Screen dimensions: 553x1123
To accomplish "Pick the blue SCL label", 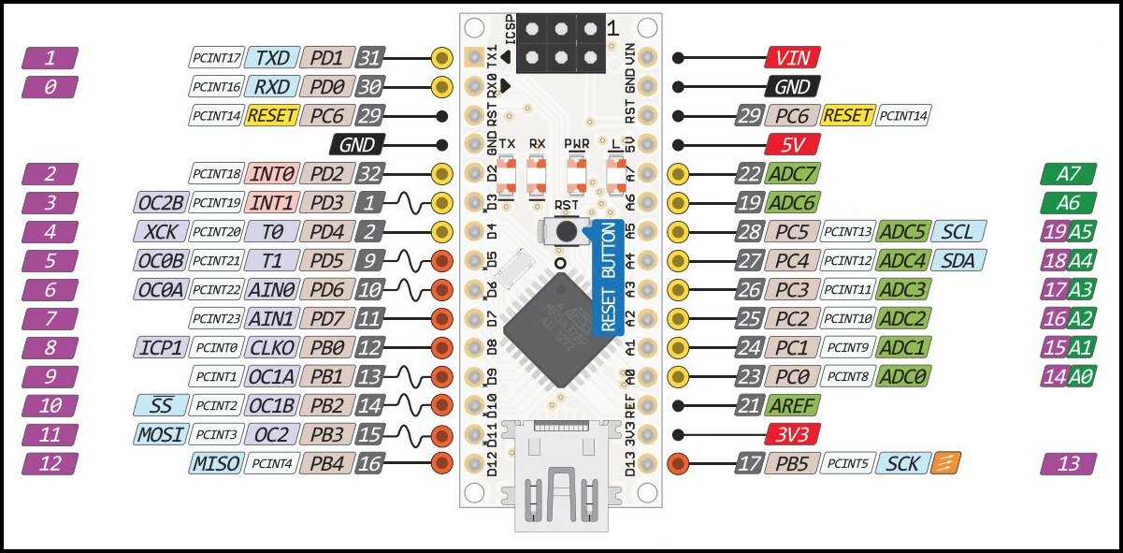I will (957, 231).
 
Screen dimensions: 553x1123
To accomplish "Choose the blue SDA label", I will (957, 260).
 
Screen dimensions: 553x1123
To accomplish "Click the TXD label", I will (272, 58).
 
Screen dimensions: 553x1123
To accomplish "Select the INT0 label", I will (272, 173).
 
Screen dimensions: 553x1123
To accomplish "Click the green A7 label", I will (1068, 173).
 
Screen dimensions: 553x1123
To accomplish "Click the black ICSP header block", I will (560, 43).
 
